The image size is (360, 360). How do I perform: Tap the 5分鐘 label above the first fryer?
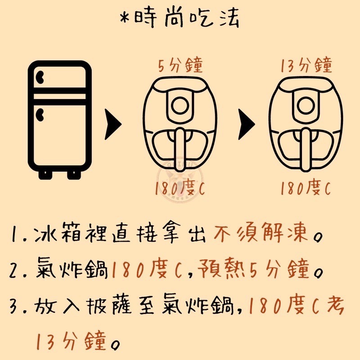[180, 66]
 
